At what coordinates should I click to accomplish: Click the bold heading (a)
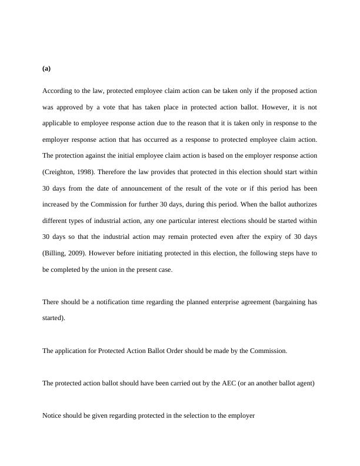46,68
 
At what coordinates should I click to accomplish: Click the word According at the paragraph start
56,91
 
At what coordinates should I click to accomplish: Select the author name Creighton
61,172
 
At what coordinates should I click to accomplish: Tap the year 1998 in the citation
85,172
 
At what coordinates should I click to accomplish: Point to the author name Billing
56,253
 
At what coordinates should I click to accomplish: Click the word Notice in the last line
52,415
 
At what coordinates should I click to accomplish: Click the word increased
59,204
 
